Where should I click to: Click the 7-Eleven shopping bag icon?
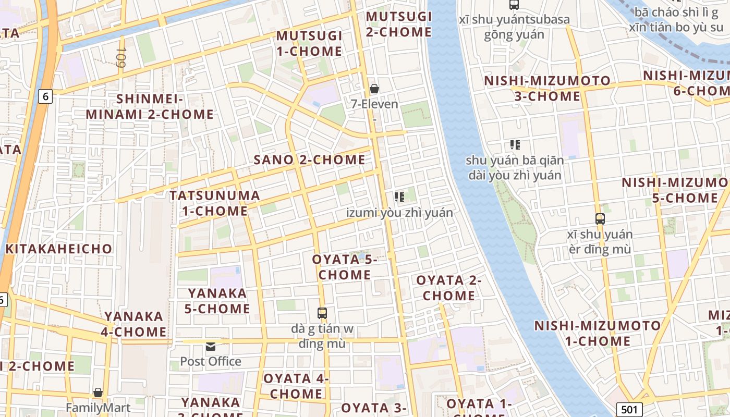tap(374, 89)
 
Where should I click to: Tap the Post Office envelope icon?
tap(211, 346)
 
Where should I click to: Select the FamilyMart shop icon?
tap(98, 393)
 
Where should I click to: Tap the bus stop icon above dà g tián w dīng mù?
tap(322, 313)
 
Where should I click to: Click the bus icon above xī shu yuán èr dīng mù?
tap(600, 218)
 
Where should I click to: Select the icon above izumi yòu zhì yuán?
tap(399, 197)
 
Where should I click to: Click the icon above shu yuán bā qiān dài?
tap(515, 145)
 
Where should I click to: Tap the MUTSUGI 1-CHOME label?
tap(309, 44)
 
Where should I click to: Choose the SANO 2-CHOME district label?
tap(309, 160)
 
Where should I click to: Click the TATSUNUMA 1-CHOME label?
tap(215, 203)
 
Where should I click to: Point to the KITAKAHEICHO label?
tap(59, 249)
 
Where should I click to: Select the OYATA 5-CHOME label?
tap(345, 267)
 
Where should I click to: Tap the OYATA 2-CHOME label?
tap(449, 288)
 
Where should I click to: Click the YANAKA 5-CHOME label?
tap(217, 301)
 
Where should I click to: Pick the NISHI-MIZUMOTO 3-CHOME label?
tap(547, 89)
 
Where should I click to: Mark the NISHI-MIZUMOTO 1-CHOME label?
tap(598, 334)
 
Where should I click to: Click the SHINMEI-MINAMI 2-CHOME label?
tap(150, 106)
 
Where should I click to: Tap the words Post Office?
tap(211, 361)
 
